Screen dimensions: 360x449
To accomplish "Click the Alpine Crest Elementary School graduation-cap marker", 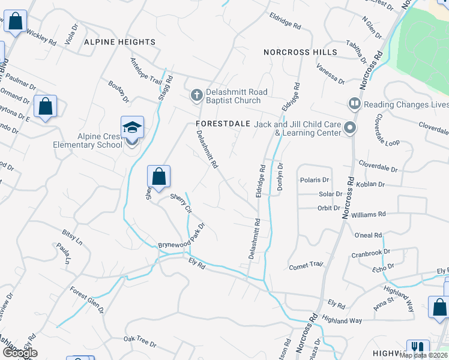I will [132, 127].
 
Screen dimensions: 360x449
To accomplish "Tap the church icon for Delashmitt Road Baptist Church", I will [196, 95].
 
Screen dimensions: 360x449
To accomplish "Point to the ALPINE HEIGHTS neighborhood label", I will [120, 42].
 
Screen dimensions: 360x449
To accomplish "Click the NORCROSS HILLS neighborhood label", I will [300, 52].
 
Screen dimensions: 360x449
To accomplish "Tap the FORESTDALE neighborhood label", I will [223, 124].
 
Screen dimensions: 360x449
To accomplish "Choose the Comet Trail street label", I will [306, 265].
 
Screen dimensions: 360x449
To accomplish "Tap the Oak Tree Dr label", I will [139, 342].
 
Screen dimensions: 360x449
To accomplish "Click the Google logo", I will [19, 353].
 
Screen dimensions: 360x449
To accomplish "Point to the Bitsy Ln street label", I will [72, 236].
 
